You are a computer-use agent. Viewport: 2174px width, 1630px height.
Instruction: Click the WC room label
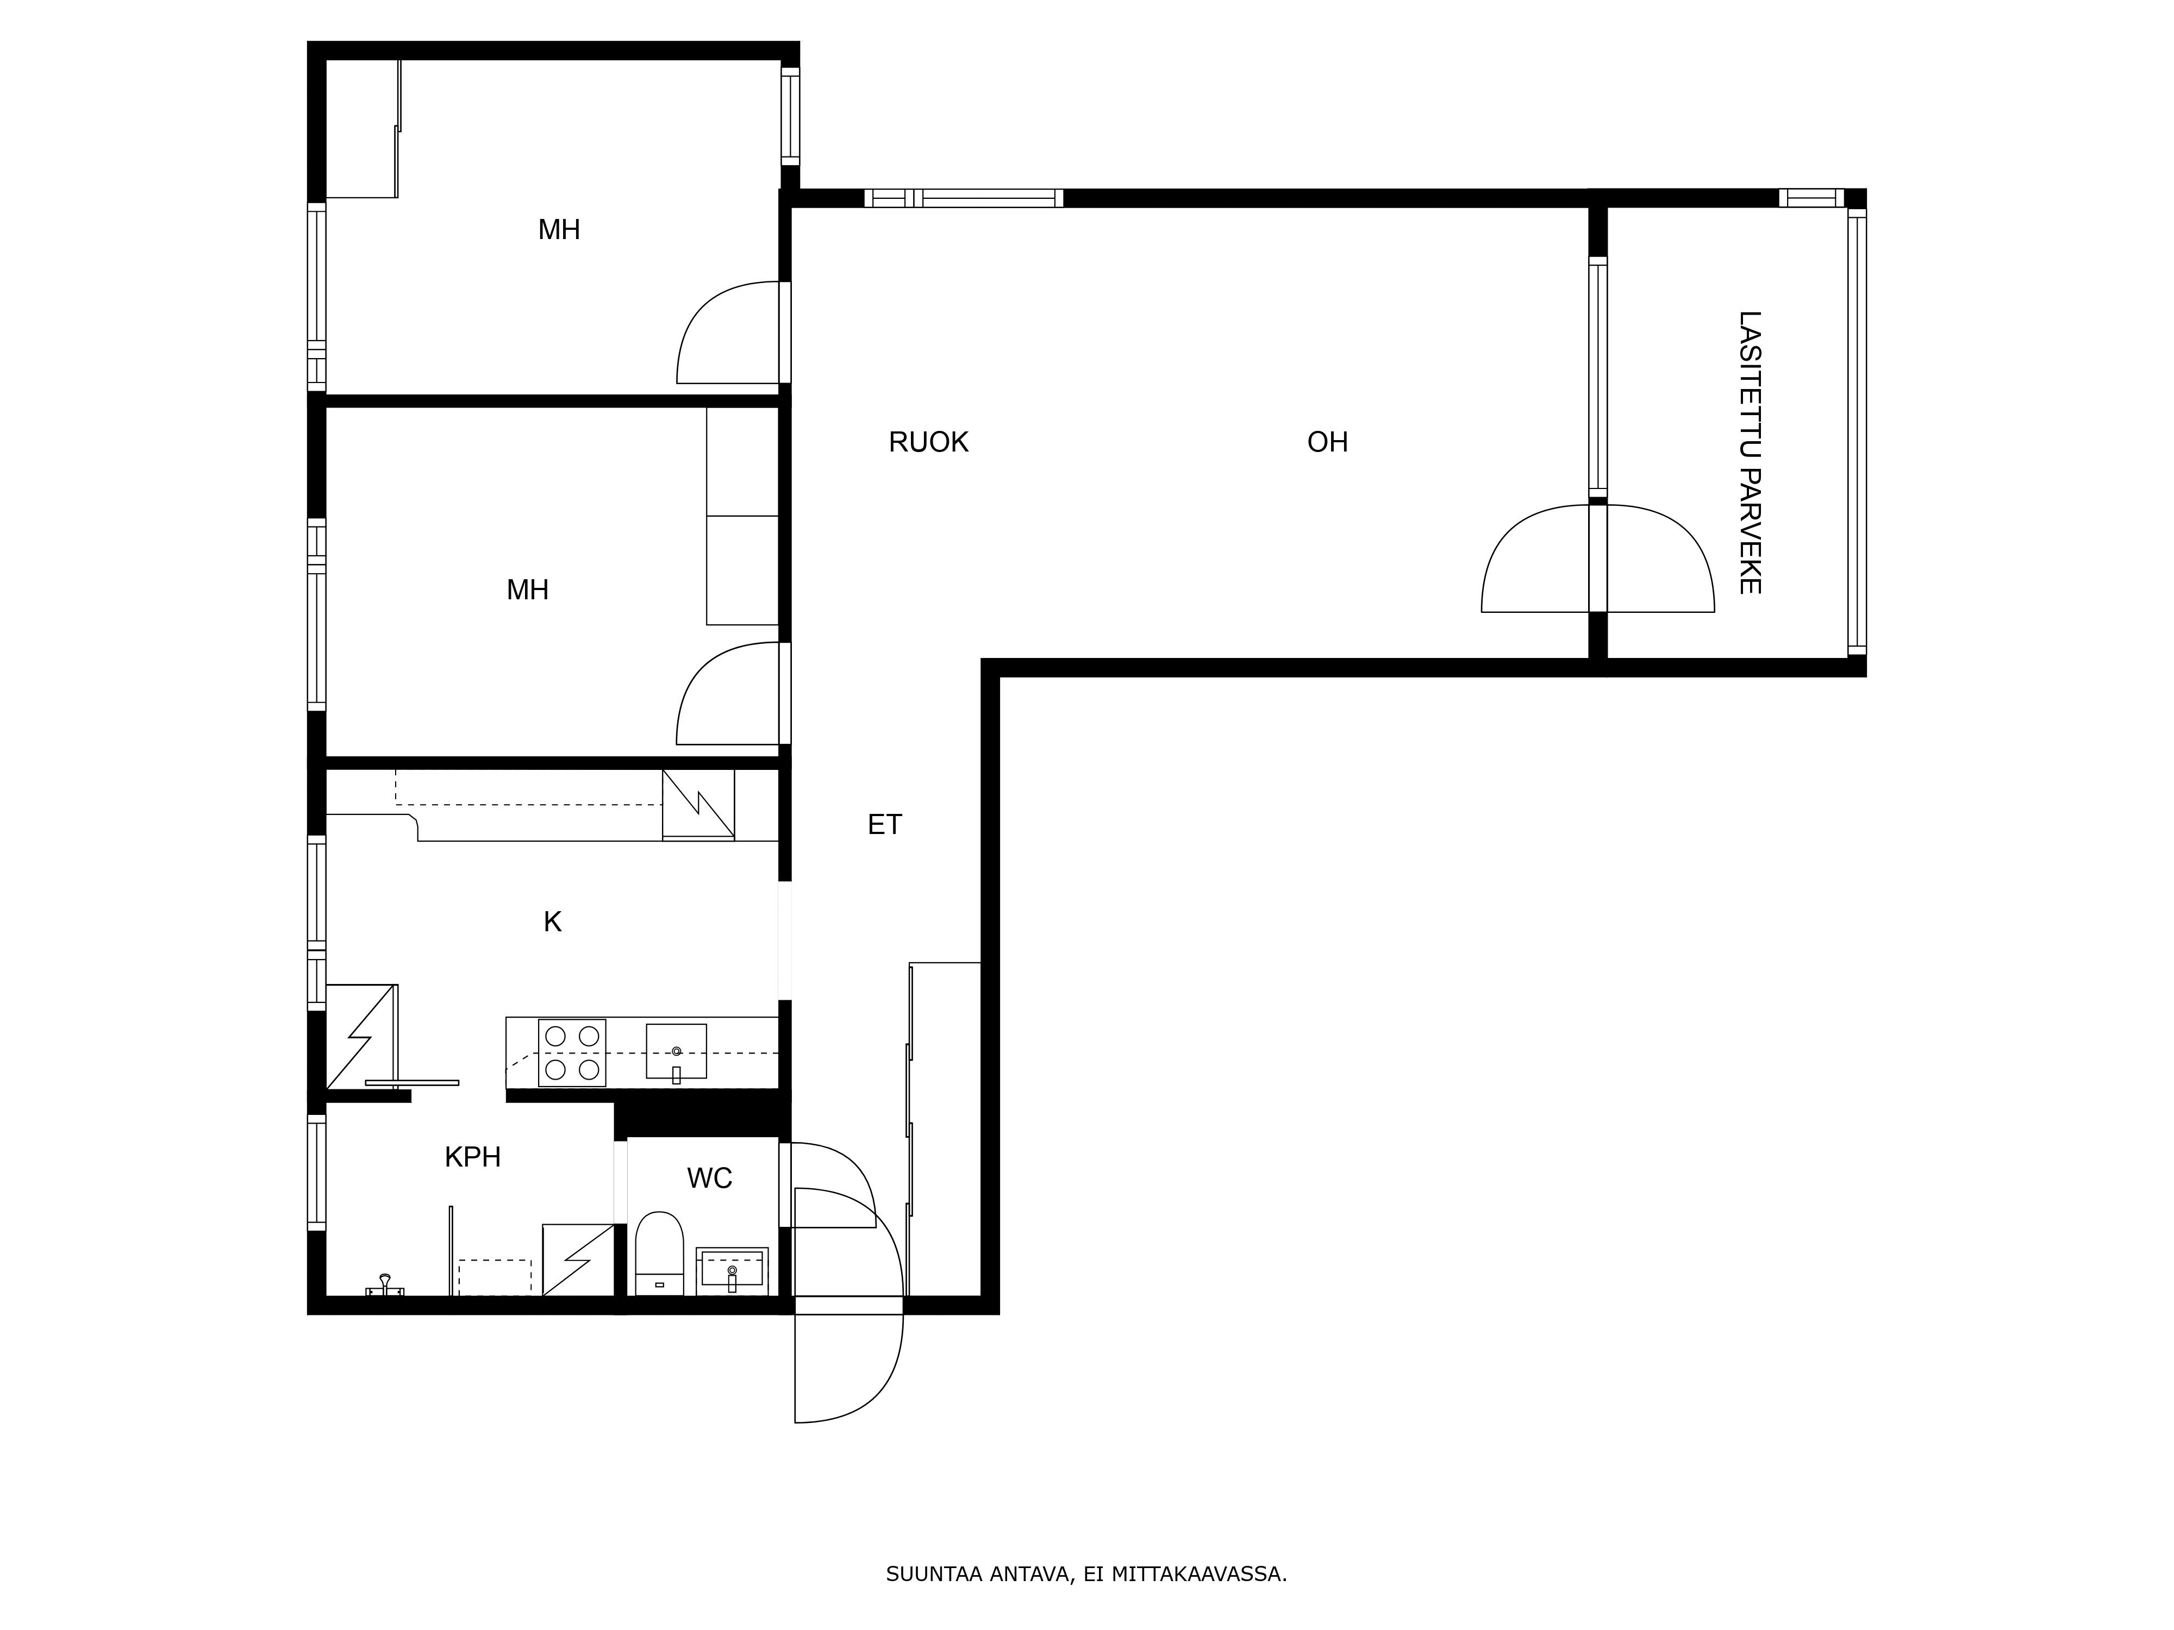(710, 1178)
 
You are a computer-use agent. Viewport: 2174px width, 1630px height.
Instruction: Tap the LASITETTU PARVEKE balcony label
(1750, 453)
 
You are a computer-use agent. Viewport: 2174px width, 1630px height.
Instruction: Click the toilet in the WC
(659, 1253)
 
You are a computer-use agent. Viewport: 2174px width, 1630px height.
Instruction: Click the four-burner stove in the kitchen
(572, 1052)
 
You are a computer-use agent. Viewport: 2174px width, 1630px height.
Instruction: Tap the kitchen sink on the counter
(676, 1051)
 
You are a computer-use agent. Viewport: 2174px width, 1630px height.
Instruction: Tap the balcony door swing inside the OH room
(1536, 558)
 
